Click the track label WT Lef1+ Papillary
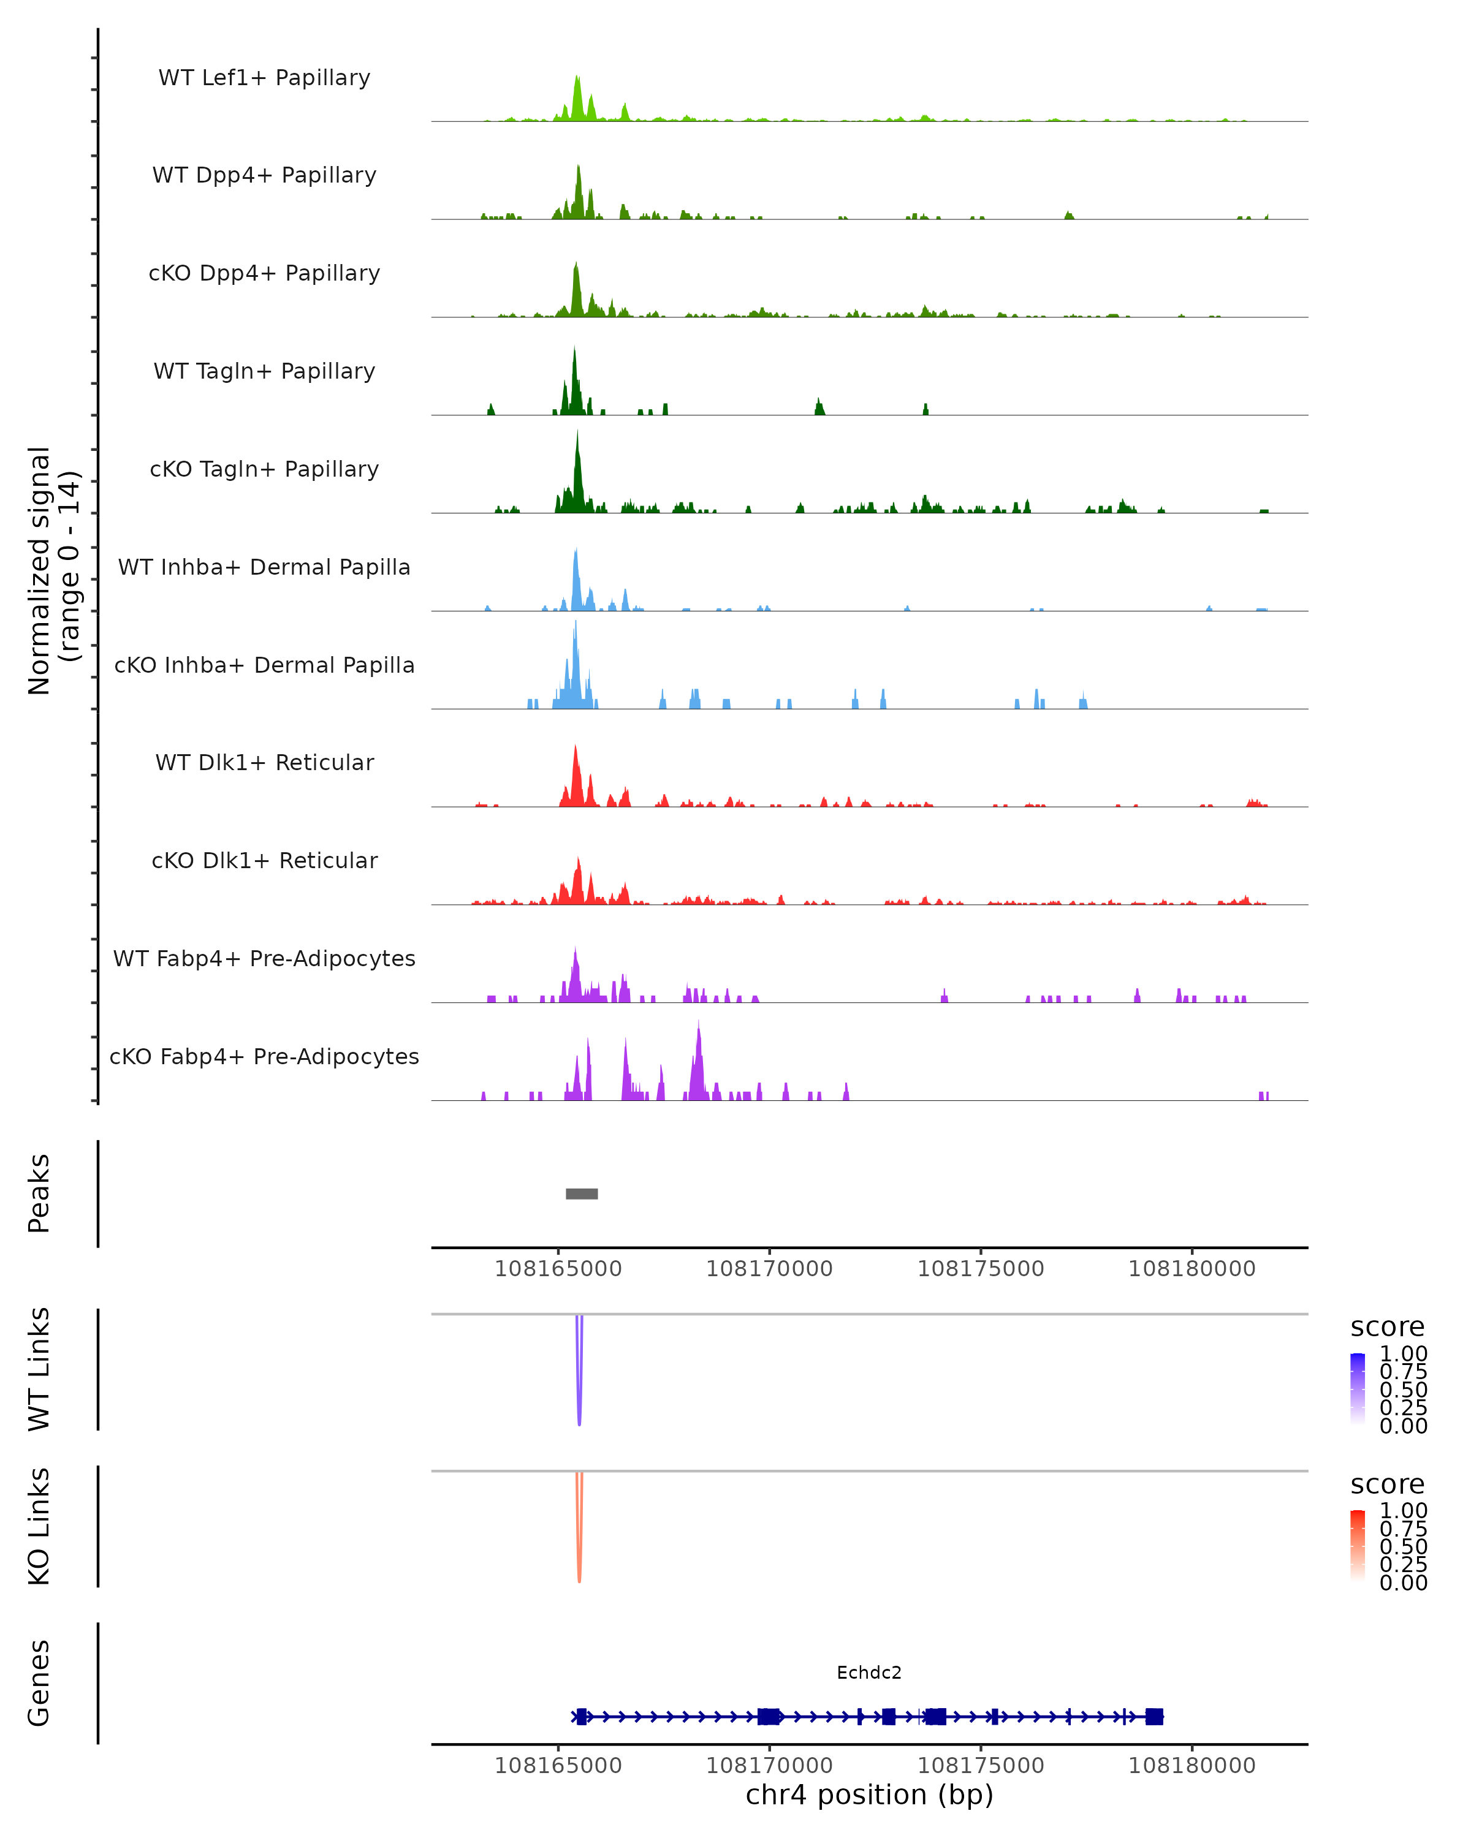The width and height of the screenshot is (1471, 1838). pos(264,78)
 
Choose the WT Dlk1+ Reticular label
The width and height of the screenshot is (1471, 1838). pos(264,762)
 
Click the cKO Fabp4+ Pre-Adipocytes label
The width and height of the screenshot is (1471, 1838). pos(264,1056)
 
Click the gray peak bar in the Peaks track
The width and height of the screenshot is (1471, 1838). pos(582,1193)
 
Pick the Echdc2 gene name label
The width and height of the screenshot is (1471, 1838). pos(869,1672)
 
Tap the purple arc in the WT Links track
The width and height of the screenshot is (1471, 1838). pos(579,1398)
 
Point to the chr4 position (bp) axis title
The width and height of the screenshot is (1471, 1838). pos(869,1795)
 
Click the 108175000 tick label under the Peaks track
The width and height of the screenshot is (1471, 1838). pos(981,1269)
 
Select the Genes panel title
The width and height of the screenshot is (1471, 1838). pos(39,1683)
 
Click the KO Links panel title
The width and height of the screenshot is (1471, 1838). pos(39,1526)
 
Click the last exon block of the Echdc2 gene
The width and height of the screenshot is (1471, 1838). pos(1154,1716)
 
